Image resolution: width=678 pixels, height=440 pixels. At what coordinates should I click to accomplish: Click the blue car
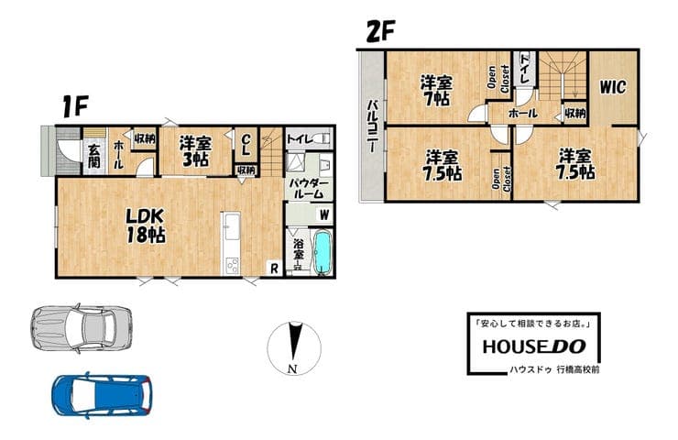102,395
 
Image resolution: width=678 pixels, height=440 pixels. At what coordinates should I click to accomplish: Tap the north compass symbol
294,348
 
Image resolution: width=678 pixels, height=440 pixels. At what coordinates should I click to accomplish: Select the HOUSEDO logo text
534,346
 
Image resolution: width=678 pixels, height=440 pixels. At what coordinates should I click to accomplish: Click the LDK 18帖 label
146,225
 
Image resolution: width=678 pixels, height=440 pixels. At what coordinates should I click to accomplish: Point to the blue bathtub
323,252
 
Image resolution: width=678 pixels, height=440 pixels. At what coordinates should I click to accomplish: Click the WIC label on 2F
612,87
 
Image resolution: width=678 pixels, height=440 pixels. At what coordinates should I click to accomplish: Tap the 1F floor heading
75,106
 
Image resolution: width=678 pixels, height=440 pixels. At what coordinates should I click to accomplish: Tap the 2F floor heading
380,31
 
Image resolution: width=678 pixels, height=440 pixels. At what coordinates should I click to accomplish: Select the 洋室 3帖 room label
195,151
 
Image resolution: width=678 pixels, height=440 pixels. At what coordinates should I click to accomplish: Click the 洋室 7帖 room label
436,91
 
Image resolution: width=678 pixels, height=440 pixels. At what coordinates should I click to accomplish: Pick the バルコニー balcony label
372,126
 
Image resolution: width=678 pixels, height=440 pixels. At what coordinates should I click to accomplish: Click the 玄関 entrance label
94,156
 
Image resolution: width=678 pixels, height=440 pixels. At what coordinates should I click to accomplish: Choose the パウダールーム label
309,189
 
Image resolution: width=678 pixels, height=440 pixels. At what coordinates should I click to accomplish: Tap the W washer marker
324,214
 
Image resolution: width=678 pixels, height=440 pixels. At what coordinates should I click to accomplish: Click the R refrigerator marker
274,269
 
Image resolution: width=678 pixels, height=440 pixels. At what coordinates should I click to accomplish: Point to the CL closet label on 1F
246,145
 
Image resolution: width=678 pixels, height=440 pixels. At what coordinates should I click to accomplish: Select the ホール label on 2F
523,114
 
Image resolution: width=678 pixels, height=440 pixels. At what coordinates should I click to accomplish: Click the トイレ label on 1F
300,139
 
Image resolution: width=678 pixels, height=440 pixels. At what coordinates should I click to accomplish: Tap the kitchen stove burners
231,266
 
